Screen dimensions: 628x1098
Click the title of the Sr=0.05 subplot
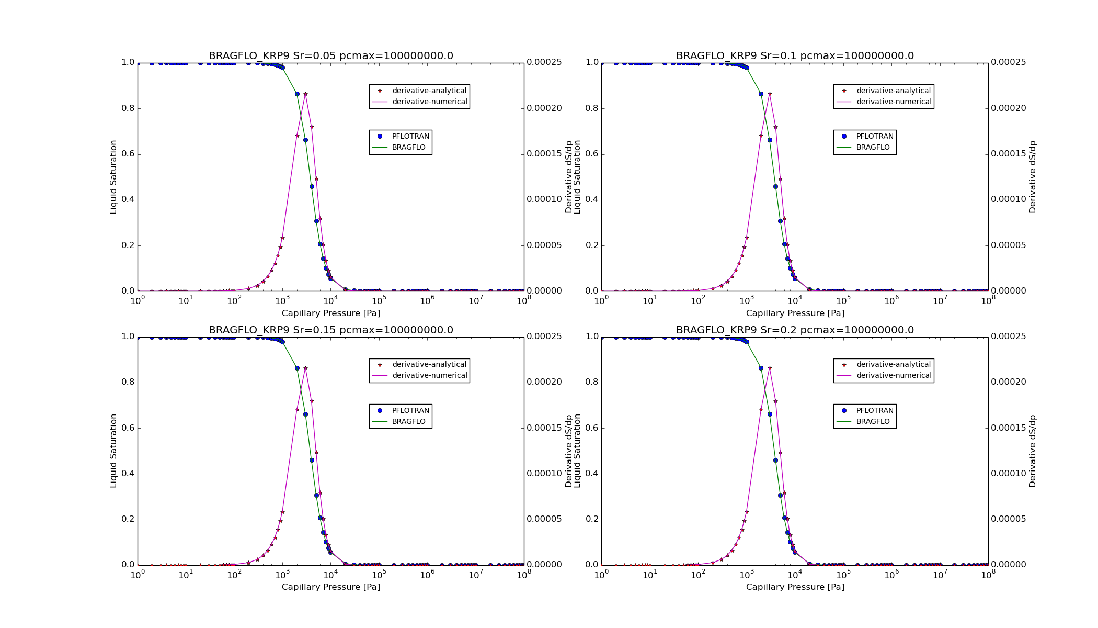[330, 56]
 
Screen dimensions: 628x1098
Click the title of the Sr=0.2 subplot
[795, 330]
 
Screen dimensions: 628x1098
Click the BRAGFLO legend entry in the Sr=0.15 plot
[408, 422]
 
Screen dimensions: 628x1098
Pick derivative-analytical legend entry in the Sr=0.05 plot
[429, 91]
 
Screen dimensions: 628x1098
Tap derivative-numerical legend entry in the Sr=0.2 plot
[894, 376]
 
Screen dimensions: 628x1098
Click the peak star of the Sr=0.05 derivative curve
[305, 94]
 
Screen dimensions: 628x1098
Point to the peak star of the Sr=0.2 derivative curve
[770, 368]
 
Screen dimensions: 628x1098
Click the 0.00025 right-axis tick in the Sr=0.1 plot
[1008, 62]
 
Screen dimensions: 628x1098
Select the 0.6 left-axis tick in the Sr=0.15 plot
[128, 428]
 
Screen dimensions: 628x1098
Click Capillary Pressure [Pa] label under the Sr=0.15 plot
[330, 587]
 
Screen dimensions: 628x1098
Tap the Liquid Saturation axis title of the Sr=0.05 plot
[113, 177]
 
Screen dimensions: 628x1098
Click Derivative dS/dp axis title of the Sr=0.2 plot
[1032, 451]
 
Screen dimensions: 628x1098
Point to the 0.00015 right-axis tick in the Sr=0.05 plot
[544, 154]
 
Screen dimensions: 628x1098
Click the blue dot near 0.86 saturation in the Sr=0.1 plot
[761, 94]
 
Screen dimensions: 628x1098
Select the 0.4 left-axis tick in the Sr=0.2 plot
[592, 474]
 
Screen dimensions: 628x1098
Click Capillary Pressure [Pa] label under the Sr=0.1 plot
[795, 313]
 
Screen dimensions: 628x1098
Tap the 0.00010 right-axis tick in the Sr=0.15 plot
[544, 474]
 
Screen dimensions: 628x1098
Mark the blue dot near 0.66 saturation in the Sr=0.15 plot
[305, 414]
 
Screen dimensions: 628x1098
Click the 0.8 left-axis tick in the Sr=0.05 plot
[128, 108]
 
